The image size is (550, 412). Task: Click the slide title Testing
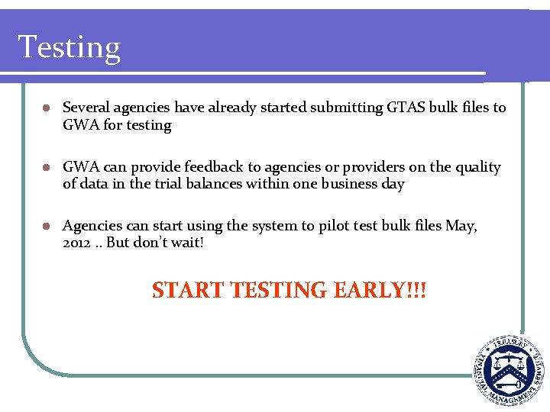(x=69, y=47)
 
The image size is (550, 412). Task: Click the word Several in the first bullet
(x=85, y=108)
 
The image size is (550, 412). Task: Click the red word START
(x=188, y=291)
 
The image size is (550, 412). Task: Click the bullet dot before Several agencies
(x=47, y=108)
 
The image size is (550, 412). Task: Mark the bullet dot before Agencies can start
(x=47, y=227)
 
